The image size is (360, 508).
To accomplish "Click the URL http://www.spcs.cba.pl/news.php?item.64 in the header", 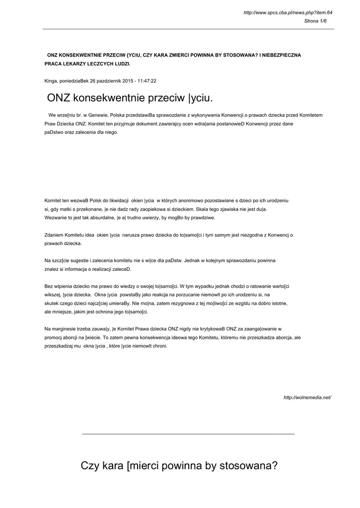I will [288, 12].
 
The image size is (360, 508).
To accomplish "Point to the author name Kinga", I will [51, 80].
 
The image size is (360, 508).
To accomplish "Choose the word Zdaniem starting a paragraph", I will [55, 235].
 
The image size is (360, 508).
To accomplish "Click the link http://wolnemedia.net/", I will [307, 397].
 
